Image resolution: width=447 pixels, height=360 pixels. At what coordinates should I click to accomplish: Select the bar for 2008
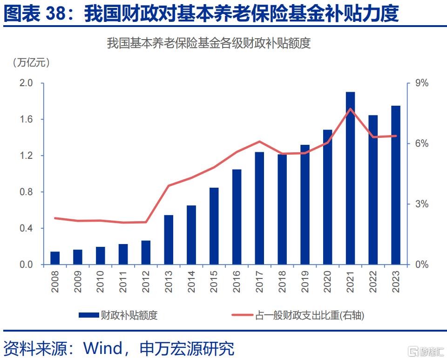pos(55,258)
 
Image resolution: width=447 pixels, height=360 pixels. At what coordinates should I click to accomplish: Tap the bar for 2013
pos(169,240)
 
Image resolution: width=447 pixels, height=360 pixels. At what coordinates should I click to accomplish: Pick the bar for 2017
pos(259,208)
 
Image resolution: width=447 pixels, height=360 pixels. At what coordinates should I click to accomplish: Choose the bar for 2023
pos(396,185)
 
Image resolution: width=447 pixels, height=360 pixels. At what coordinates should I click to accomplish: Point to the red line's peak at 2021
pos(350,109)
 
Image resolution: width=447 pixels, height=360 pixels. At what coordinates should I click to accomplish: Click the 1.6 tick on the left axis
pos(26,119)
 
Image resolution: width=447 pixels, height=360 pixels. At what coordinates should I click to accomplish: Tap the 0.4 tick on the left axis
pos(26,228)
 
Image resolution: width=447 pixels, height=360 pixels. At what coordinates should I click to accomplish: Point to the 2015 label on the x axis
pos(214,282)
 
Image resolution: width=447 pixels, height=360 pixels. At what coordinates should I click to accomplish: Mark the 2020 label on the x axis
pos(328,282)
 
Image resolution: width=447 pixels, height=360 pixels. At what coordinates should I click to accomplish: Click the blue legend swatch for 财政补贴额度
pos(89,315)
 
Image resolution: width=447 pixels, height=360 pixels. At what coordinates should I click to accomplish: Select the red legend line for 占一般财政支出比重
pos(243,315)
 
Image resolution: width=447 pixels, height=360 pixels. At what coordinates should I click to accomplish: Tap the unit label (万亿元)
pos(31,62)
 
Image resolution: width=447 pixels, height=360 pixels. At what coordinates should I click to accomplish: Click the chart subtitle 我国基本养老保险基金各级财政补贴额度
pos(209,44)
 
